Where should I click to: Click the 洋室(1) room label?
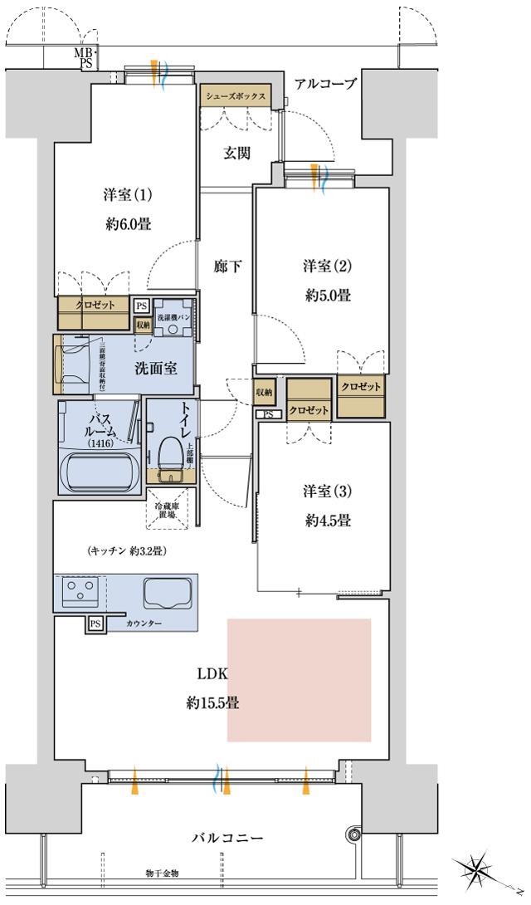pos(128,195)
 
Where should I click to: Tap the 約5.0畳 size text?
pos(326,295)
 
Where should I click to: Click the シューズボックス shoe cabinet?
pos(236,96)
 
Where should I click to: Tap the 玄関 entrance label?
pos(236,153)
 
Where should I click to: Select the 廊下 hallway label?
pos(227,267)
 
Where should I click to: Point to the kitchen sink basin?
pos(169,593)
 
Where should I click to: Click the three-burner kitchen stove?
pos(79,593)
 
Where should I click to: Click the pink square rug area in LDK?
pos(299,679)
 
